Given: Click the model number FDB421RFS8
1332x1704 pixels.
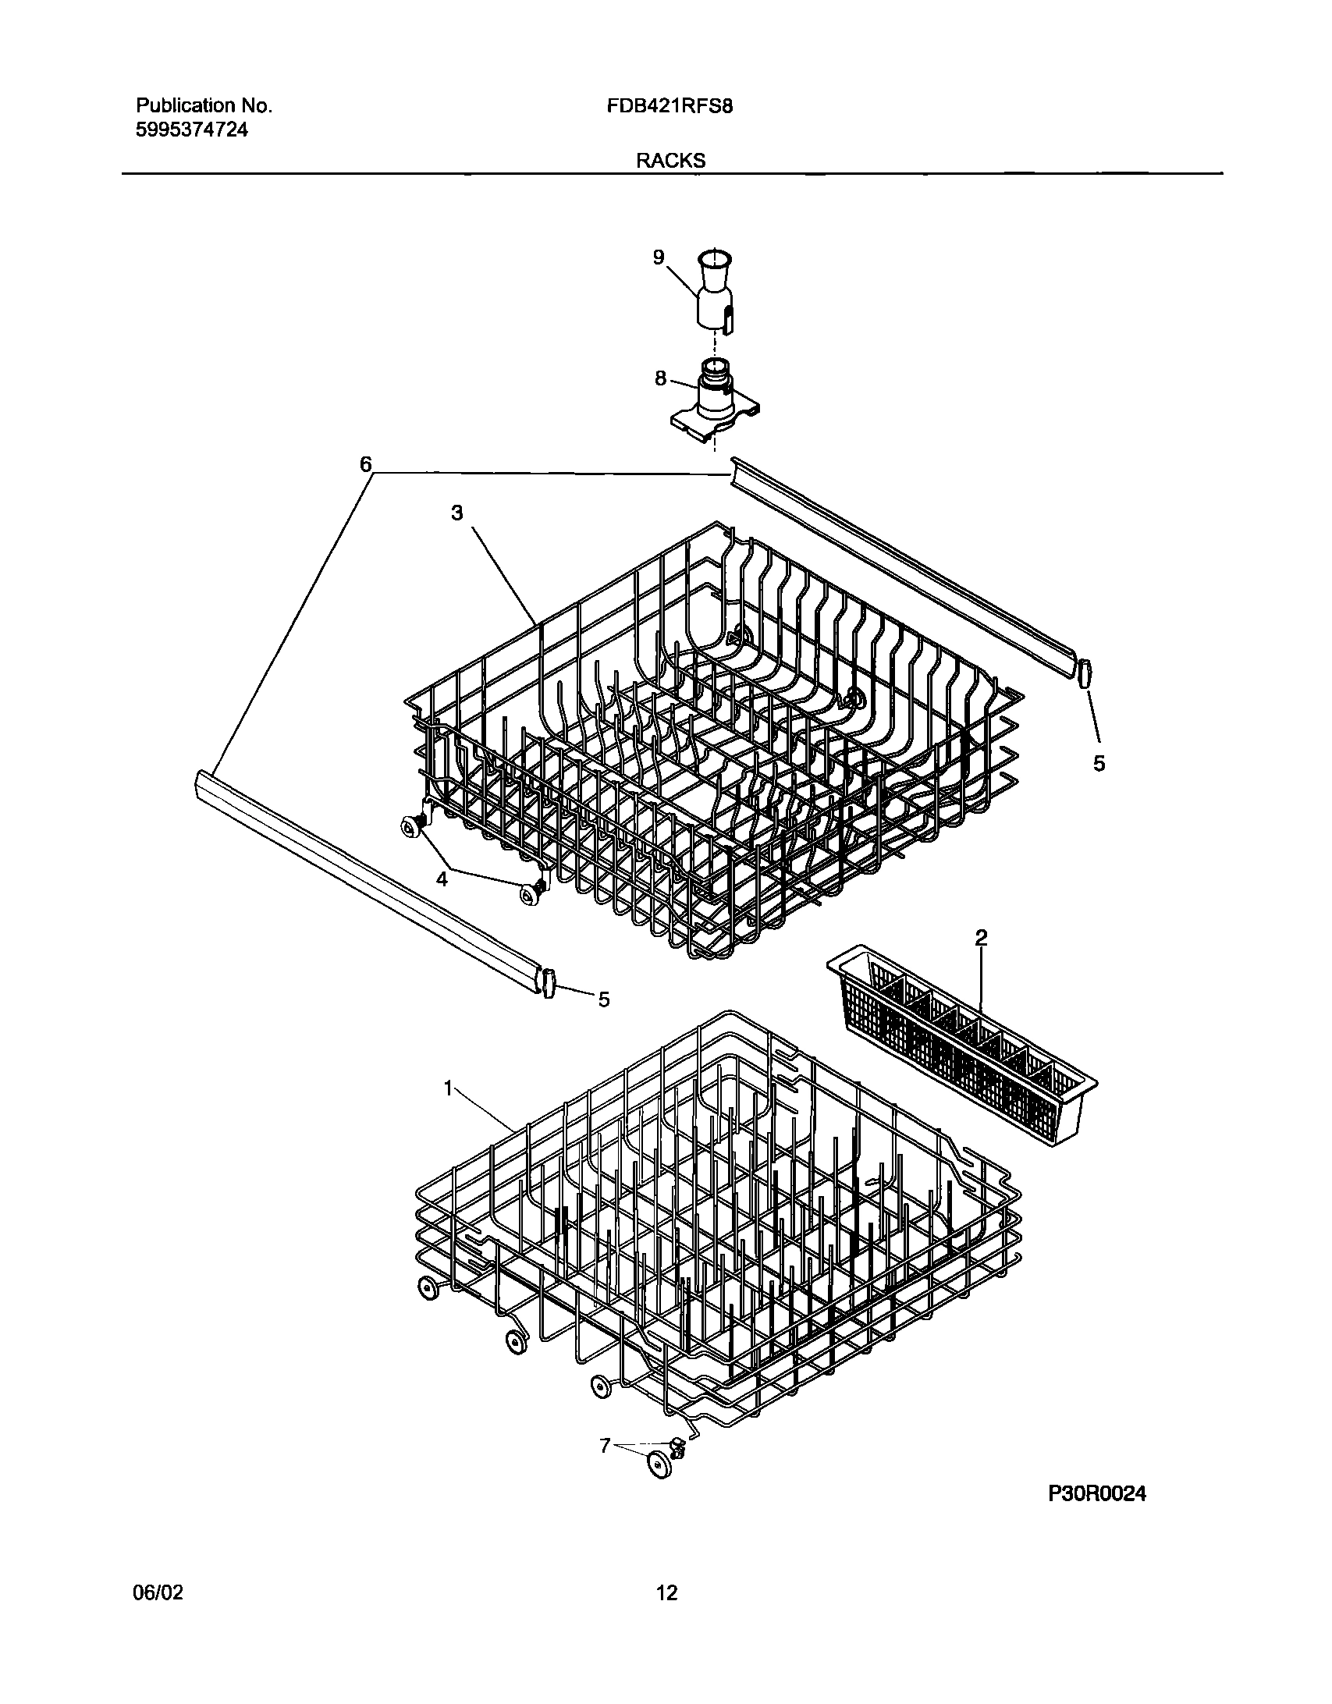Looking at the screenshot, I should pos(669,107).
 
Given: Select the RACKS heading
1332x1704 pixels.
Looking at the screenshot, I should pos(670,161).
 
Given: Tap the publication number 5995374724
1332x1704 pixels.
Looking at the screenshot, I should pos(192,130).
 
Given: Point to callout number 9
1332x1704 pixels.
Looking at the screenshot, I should pos(659,257).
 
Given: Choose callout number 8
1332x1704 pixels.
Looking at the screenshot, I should pos(660,379).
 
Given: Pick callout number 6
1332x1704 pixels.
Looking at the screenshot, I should pos(365,465).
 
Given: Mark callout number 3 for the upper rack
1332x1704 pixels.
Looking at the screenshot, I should pos(456,513).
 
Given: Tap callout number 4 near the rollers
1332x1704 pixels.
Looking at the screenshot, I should pos(442,879).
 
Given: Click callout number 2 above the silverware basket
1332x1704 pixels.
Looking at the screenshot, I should pos(981,938).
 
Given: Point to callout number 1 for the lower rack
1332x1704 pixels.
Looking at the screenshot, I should pos(449,1088).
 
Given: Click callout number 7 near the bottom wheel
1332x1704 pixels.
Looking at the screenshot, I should pos(605,1445).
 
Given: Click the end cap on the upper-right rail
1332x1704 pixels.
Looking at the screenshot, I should pos(1084,673).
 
